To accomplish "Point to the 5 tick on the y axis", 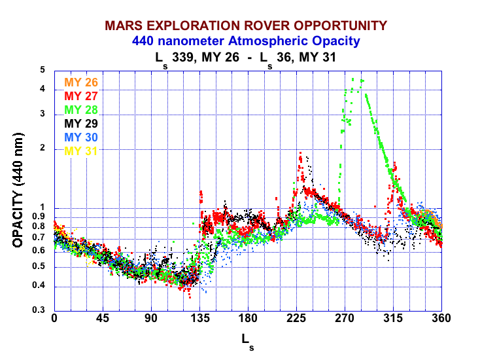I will coord(43,70).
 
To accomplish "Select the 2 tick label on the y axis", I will coord(43,149).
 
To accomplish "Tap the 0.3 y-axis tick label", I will coord(40,310).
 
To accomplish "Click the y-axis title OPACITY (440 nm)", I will coord(19,190).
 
